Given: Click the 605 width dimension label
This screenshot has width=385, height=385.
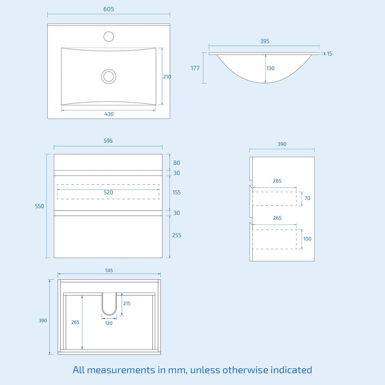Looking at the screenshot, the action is point(109,9).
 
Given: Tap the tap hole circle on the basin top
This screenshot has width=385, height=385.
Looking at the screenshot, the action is point(109,36).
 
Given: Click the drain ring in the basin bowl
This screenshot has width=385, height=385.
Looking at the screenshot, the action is point(109,76).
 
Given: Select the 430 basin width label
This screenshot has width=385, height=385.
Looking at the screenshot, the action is point(109,114).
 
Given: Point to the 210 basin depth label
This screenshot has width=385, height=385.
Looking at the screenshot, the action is point(167,77).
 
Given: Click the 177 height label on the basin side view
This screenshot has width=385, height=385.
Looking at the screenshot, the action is point(195,68).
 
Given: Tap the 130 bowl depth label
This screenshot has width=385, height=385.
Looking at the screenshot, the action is point(270,68).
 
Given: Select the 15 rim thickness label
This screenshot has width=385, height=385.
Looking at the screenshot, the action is point(329,53).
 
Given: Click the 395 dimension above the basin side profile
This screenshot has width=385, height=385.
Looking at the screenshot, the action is point(265,41).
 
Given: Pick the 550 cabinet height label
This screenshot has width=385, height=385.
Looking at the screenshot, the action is point(39,206).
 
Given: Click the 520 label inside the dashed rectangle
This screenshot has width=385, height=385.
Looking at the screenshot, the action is point(108,192).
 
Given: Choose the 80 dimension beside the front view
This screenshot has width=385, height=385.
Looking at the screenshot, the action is point(177,163).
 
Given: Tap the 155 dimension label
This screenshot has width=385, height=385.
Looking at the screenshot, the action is point(177,192).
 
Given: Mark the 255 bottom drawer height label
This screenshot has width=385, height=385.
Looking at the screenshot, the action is point(177,235).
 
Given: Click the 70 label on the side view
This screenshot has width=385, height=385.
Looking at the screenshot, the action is point(307,198).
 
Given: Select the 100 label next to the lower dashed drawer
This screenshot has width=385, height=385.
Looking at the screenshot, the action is point(307,239).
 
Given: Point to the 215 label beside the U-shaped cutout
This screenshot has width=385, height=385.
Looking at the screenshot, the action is point(127,303).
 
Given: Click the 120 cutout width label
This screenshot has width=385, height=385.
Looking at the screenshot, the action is point(109,323).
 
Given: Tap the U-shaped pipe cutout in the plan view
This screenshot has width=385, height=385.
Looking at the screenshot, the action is point(109,315).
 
